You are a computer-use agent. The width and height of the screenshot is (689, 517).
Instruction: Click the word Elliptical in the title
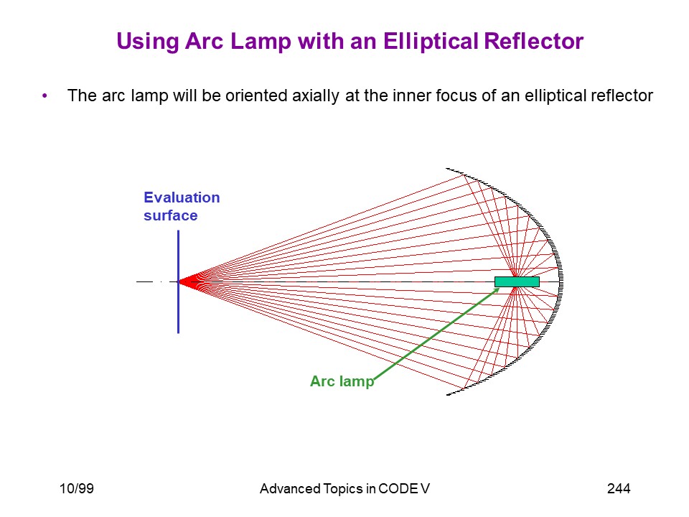coord(431,42)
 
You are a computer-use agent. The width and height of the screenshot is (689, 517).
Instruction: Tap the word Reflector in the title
coord(534,41)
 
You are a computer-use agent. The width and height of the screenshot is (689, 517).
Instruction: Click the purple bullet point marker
coord(44,96)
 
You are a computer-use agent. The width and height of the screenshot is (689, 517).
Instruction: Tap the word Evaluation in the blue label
coord(182,197)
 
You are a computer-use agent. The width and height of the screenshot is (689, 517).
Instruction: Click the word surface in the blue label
coord(171,215)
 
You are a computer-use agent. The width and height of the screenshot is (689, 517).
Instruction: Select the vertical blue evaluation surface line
coord(179,281)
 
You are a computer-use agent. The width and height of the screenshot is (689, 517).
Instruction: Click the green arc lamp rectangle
coord(517,281)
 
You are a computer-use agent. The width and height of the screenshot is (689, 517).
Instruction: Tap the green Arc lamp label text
coord(342,381)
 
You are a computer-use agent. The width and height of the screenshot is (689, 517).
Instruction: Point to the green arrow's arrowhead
coord(497,290)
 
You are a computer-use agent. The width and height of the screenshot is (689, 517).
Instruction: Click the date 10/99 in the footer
coord(77,488)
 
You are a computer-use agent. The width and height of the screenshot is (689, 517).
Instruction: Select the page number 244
coord(619,488)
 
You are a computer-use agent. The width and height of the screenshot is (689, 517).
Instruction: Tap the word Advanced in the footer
coord(290,488)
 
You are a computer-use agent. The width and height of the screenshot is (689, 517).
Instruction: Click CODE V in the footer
coord(403,488)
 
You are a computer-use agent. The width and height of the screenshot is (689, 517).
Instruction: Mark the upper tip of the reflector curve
coord(446,168)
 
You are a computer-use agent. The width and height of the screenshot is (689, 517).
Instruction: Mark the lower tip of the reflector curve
coord(447,394)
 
